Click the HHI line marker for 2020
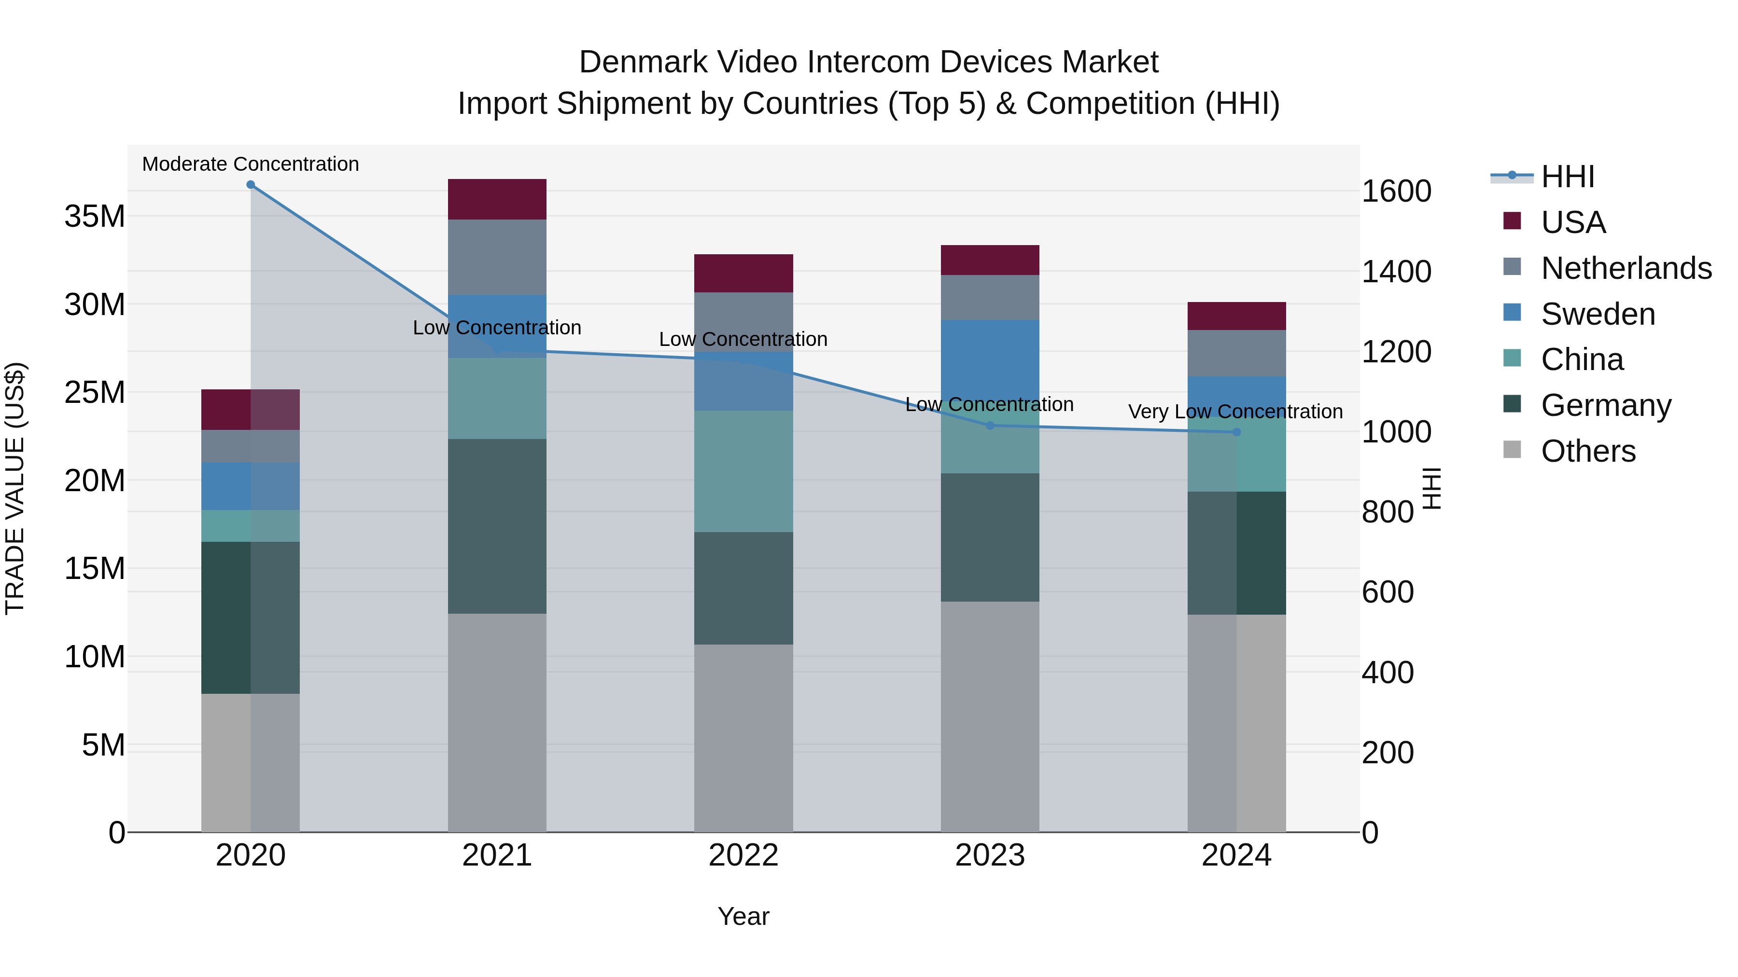click(x=250, y=185)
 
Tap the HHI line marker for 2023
click(x=990, y=426)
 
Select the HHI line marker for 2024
click(x=1236, y=432)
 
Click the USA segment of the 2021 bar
click(x=497, y=200)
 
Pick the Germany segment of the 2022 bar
click(x=743, y=588)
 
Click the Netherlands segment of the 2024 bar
click(x=1236, y=353)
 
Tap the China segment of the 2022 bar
click(x=743, y=471)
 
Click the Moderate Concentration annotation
click(x=250, y=164)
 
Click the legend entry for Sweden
click(x=1598, y=314)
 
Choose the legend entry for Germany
click(x=1606, y=405)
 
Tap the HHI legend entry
click(x=1567, y=177)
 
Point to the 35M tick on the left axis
click(x=95, y=217)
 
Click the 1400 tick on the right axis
click(x=1396, y=272)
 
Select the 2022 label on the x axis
click(x=743, y=855)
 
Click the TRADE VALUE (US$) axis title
click(x=15, y=488)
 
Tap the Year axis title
click(x=743, y=916)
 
